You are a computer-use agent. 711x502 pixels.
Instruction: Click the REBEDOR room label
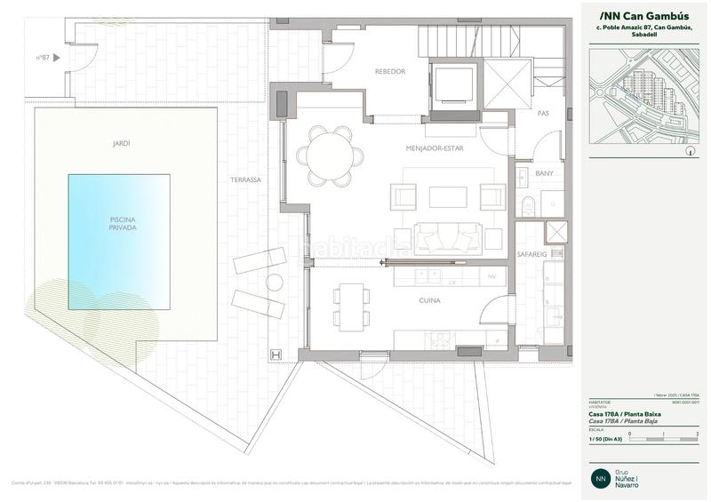pos(390,72)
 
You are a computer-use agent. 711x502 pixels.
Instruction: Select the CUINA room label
pos(430,301)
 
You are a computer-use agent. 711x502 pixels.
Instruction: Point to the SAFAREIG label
pos(531,254)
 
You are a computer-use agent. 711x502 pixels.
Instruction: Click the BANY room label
pos(544,173)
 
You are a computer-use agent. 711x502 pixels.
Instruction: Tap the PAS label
pos(544,113)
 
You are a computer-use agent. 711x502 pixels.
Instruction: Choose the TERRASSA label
pos(245,179)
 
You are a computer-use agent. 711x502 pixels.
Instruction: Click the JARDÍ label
pos(122,142)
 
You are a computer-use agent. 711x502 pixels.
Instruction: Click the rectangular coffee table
pos(446,195)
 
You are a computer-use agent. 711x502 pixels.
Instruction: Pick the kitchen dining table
pos(351,306)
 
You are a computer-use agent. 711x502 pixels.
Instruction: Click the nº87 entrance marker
pos(46,58)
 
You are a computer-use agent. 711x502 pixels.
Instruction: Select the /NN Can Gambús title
pos(633,15)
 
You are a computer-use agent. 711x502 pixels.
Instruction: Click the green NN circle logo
pos(602,478)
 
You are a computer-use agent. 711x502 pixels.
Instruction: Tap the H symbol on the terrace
pos(276,355)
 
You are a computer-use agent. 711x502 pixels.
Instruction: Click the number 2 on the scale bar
pos(699,434)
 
